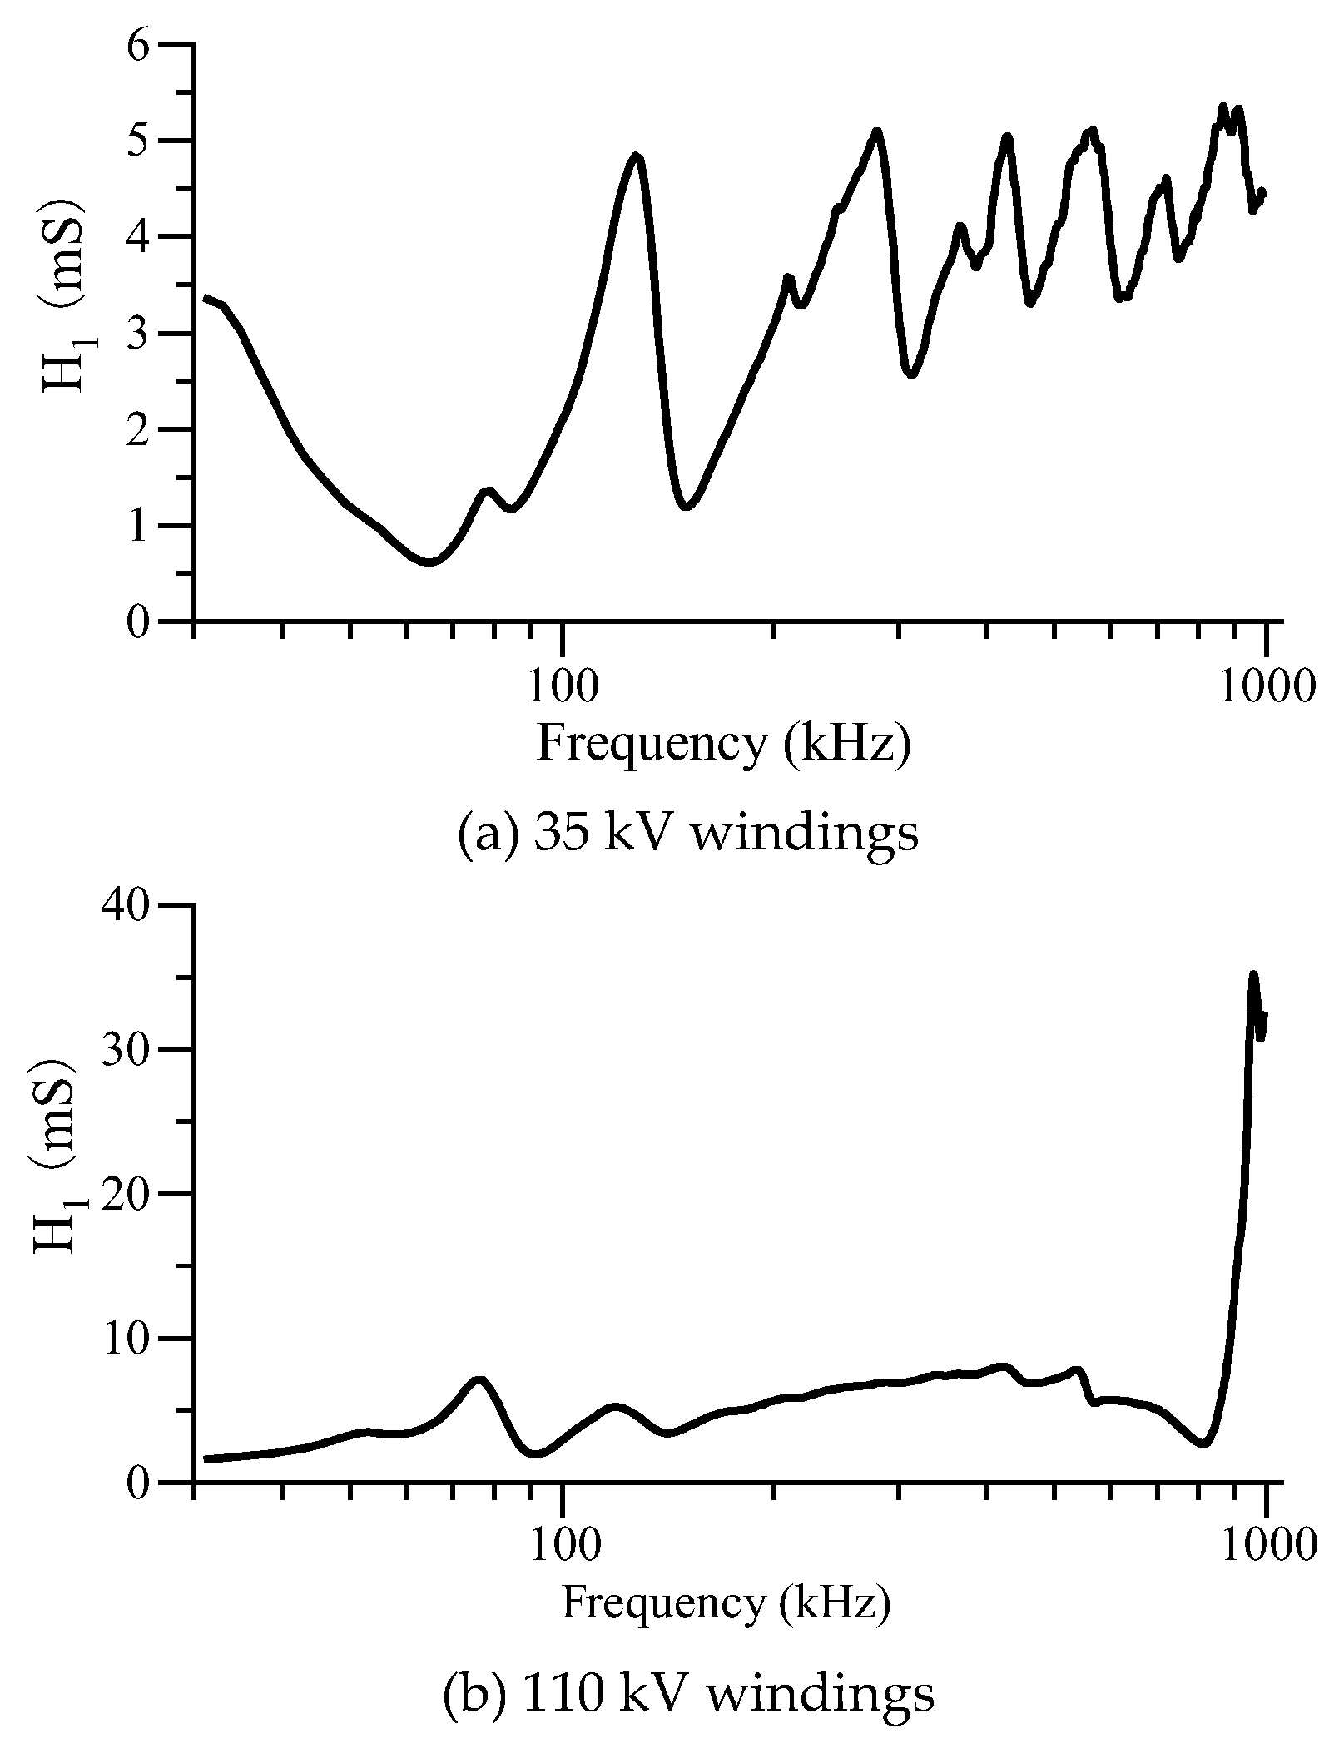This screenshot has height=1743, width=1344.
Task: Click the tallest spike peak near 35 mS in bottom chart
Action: click(x=1253, y=974)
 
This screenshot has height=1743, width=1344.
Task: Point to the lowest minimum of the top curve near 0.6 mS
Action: click(x=428, y=562)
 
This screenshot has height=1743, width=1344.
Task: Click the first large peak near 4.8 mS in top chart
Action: click(x=636, y=156)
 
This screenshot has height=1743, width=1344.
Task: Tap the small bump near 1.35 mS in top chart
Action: click(x=488, y=491)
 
